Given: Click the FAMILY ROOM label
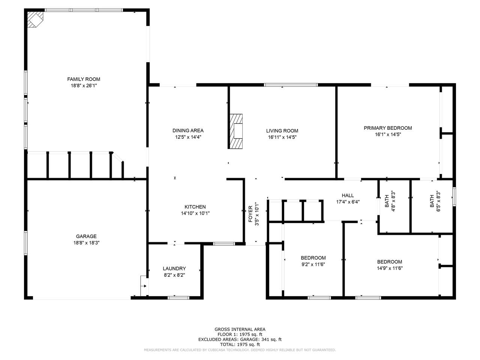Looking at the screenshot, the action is (x=84, y=79).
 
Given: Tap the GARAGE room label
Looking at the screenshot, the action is (x=86, y=236).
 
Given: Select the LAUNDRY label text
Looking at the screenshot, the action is (x=174, y=268).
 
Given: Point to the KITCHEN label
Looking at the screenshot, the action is (x=195, y=207).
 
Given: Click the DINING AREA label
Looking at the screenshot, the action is (x=188, y=130).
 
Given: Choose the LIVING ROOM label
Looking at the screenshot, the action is (x=282, y=131).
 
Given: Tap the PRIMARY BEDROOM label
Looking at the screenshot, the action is (x=388, y=128).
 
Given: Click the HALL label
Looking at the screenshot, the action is (x=348, y=195).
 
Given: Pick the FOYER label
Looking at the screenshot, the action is (x=250, y=214).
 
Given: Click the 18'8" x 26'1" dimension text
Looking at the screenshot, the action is (x=84, y=85).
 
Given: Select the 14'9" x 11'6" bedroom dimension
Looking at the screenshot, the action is (x=390, y=268).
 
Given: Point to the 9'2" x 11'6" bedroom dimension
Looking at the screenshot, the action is (x=313, y=264).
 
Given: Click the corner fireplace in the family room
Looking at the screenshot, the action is (x=35, y=19).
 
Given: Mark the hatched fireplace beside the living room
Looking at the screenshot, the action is (x=236, y=131).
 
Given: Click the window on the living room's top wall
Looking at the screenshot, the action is (x=291, y=85).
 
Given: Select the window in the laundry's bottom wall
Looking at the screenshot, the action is (x=178, y=298).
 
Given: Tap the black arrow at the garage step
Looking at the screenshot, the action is (x=144, y=286).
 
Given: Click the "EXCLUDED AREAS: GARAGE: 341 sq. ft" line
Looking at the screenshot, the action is (x=240, y=339).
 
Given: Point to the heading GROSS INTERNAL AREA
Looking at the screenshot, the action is (x=240, y=329).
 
